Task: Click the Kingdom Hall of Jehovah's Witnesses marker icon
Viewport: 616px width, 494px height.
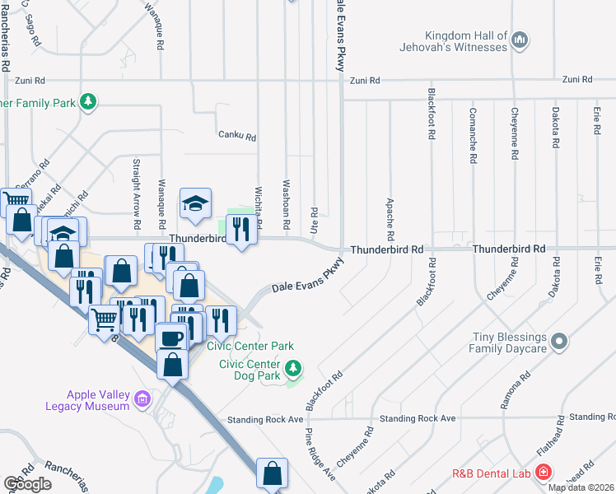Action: coord(520,39)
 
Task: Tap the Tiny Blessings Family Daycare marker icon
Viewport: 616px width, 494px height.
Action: coord(560,340)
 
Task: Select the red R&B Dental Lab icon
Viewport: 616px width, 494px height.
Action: coord(543,473)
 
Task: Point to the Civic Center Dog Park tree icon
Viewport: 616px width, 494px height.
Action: coord(292,366)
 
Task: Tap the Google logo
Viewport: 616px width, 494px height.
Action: coord(27,483)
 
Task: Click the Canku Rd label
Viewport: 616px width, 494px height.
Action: coord(237,136)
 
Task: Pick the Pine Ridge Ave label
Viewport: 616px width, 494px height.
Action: coord(320,454)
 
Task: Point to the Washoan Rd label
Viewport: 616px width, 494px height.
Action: coord(287,205)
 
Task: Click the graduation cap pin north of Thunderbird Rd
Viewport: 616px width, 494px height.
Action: coord(195,204)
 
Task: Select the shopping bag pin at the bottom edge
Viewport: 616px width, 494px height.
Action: coord(272,473)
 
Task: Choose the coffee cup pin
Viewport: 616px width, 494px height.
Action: coord(171,338)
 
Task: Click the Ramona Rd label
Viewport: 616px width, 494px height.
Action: coord(511,393)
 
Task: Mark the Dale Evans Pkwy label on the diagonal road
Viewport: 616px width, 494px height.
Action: coord(314,281)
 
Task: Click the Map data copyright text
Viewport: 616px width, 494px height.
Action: coord(581,487)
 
